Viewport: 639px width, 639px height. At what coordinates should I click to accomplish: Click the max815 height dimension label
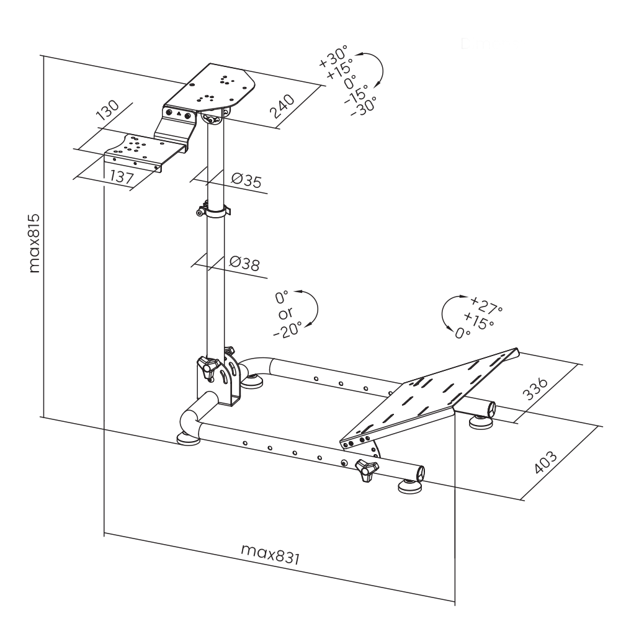click(x=35, y=243)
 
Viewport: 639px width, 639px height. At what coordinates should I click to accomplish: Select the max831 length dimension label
click(x=270, y=554)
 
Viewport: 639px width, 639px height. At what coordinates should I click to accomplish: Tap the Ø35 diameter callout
click(x=246, y=180)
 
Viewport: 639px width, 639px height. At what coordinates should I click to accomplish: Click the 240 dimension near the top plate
click(x=283, y=106)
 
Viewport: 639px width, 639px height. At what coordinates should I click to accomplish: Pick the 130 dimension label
click(x=108, y=110)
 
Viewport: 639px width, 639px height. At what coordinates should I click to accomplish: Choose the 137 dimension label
click(x=122, y=177)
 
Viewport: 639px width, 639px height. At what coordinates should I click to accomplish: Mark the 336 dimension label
click(x=535, y=388)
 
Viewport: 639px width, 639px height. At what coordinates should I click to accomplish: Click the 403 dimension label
click(x=545, y=462)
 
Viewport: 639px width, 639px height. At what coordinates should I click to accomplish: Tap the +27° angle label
click(x=486, y=305)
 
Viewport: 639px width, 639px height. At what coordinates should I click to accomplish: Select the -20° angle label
click(x=288, y=329)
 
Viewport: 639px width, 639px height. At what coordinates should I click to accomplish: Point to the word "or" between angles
click(x=285, y=313)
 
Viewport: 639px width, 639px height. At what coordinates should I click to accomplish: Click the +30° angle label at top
click(x=333, y=56)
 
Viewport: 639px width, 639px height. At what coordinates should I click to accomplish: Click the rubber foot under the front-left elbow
click(x=188, y=439)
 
